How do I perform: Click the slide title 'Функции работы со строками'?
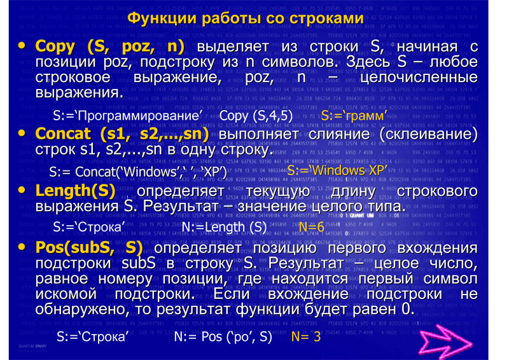(x=246, y=18)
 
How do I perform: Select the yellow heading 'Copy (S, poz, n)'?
(x=109, y=46)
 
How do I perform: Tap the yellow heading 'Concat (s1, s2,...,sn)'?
(x=122, y=134)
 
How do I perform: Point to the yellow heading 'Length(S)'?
(x=75, y=191)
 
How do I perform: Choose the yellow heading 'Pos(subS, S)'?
(x=89, y=247)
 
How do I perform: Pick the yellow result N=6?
(x=311, y=227)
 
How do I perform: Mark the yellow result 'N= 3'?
(x=306, y=336)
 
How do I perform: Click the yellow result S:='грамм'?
(x=354, y=116)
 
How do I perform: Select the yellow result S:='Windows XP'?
(x=337, y=170)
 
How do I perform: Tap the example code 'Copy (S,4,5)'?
(x=256, y=116)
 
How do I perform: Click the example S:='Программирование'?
(x=128, y=116)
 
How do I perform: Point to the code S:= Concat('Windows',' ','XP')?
(x=138, y=172)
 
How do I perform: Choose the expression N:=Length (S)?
(x=224, y=227)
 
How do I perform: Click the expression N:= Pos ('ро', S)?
(x=223, y=336)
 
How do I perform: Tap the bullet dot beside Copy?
(x=22, y=45)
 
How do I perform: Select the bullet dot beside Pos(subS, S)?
(x=22, y=247)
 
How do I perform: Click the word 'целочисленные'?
(x=419, y=78)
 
